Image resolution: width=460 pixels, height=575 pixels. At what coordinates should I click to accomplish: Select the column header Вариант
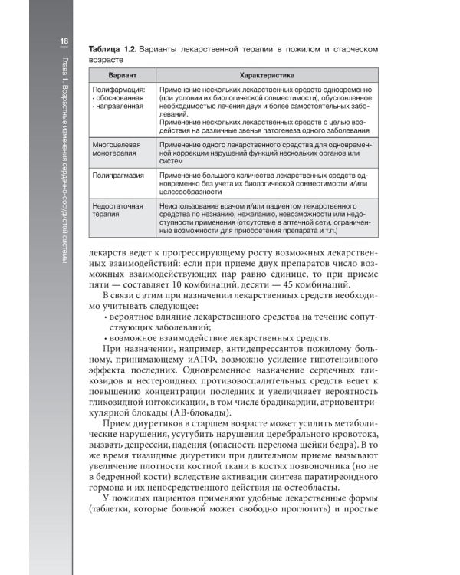(x=120, y=75)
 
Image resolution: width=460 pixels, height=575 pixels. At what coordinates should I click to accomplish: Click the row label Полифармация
(x=116, y=90)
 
